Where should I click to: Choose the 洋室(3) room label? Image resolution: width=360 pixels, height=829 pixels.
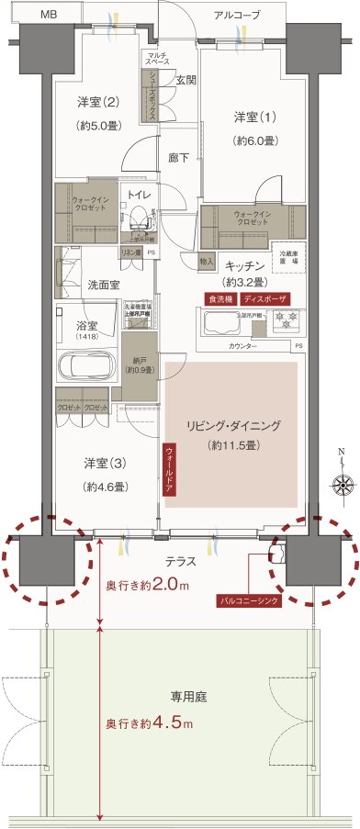[x=97, y=462]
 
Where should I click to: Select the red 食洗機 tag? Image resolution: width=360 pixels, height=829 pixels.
[x=221, y=299]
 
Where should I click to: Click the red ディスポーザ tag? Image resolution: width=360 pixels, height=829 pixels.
[x=266, y=299]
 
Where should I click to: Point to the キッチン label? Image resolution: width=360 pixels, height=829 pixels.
[x=245, y=265]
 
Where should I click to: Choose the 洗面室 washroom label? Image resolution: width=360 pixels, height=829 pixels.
[x=103, y=285]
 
